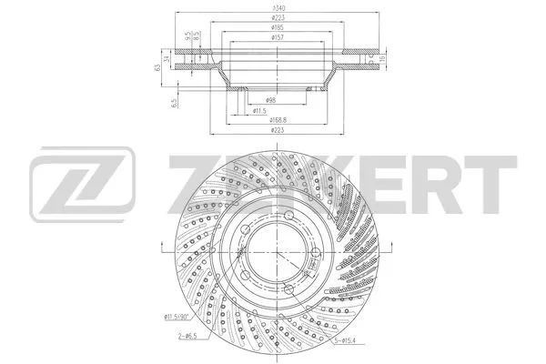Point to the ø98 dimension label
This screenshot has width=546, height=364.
click(271, 99)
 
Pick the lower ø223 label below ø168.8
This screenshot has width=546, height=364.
click(274, 130)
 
